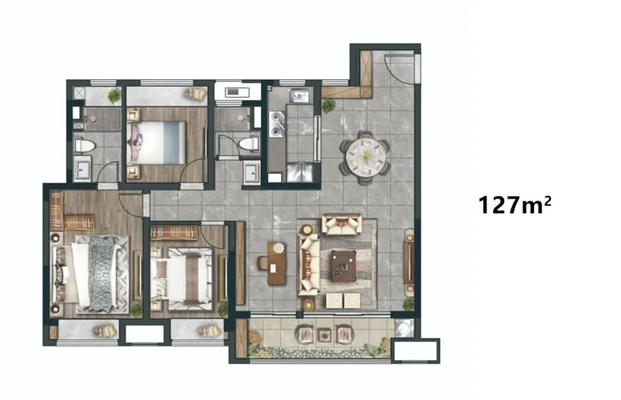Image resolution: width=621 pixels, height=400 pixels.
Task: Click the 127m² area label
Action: [514, 205]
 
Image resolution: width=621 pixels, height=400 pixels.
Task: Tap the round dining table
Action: [366, 157]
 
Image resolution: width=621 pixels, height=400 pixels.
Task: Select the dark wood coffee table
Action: [344, 266]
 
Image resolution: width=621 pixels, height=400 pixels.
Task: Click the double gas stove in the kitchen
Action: [277, 124]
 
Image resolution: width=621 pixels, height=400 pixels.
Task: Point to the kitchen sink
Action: [299, 95]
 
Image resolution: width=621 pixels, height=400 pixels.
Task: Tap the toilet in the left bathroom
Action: [85, 146]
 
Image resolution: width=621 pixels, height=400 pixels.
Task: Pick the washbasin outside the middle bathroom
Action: [251, 172]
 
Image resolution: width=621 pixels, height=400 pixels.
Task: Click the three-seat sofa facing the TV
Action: [309, 264]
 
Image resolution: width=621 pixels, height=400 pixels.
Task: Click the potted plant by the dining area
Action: [328, 105]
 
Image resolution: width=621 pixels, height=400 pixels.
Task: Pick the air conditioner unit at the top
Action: [237, 93]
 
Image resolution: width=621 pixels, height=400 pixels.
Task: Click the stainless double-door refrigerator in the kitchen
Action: [299, 171]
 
